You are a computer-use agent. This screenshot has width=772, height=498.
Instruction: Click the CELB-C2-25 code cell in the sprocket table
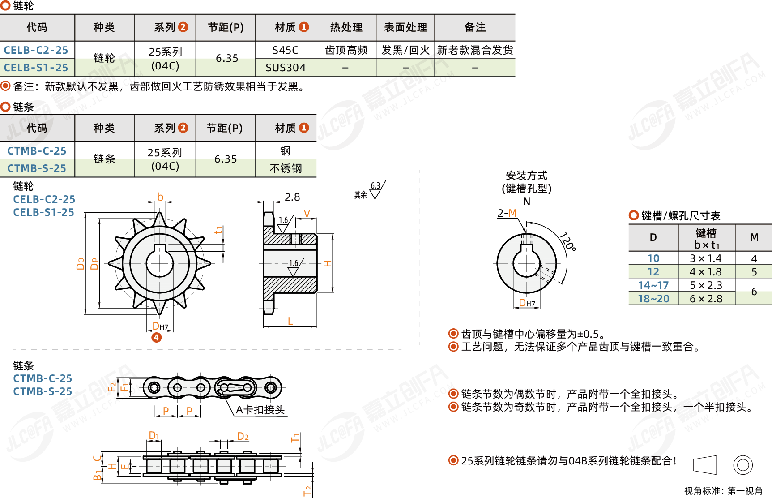(x=36, y=50)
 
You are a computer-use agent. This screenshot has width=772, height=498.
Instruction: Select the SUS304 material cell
(x=286, y=68)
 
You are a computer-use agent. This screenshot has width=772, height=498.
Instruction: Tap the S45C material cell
(x=286, y=50)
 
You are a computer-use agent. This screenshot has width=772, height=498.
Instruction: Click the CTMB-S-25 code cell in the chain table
(x=37, y=168)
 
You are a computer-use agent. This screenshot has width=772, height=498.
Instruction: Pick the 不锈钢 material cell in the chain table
(x=286, y=168)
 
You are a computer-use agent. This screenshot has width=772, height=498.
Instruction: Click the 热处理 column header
(x=346, y=27)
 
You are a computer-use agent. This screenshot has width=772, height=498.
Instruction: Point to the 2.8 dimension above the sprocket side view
(x=292, y=197)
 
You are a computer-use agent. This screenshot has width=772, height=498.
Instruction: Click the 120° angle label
(x=567, y=241)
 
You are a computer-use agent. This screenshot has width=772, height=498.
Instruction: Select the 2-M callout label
(x=507, y=213)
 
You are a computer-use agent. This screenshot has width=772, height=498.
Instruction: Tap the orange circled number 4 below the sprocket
(x=156, y=338)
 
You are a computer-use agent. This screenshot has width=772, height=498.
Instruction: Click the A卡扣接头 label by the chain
(x=260, y=410)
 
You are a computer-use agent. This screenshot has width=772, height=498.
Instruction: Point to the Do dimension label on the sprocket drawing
(x=81, y=264)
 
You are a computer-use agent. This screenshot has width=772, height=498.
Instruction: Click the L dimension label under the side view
(x=290, y=321)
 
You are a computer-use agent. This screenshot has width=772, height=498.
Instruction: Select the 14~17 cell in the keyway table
(x=653, y=285)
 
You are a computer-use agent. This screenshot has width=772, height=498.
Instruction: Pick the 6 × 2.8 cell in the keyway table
(x=706, y=299)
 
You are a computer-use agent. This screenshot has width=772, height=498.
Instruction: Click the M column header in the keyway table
(x=754, y=237)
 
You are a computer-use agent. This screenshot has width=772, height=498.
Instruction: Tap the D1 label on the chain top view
(x=154, y=435)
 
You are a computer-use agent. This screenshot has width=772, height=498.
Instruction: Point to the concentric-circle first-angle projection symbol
(x=742, y=465)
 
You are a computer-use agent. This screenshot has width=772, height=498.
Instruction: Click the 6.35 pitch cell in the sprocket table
(x=226, y=59)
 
